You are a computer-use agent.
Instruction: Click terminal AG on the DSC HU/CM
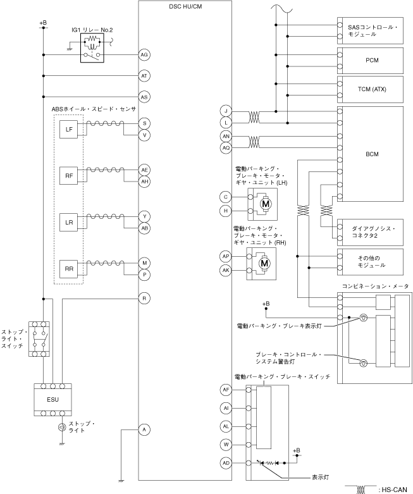pyautogui.click(x=144, y=55)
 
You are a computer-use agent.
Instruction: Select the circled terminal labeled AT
pyautogui.click(x=144, y=76)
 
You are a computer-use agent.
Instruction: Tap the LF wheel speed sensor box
pyautogui.click(x=69, y=130)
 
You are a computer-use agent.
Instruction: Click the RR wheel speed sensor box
pyautogui.click(x=69, y=269)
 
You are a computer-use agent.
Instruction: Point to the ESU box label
pyautogui.click(x=52, y=400)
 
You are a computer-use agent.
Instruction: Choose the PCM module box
pyautogui.click(x=370, y=61)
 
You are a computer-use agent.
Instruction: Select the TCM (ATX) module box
pyautogui.click(x=370, y=89)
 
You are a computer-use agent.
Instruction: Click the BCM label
pyautogui.click(x=372, y=154)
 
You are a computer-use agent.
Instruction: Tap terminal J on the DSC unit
pyautogui.click(x=226, y=111)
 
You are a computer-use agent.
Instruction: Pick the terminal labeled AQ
pyautogui.click(x=226, y=148)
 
